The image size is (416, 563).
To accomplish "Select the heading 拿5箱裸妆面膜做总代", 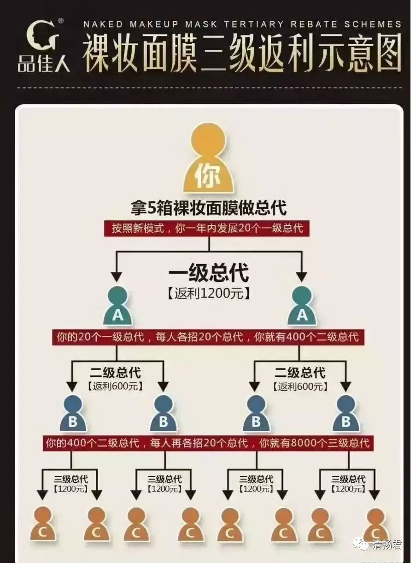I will (208, 208).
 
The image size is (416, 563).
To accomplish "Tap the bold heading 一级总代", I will (209, 273).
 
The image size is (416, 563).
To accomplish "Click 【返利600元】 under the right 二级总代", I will (300, 387).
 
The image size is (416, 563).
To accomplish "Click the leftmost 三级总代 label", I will (71, 479).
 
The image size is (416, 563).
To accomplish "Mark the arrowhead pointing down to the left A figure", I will (117, 276).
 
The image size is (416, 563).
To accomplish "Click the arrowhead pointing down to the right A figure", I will (301, 276).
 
